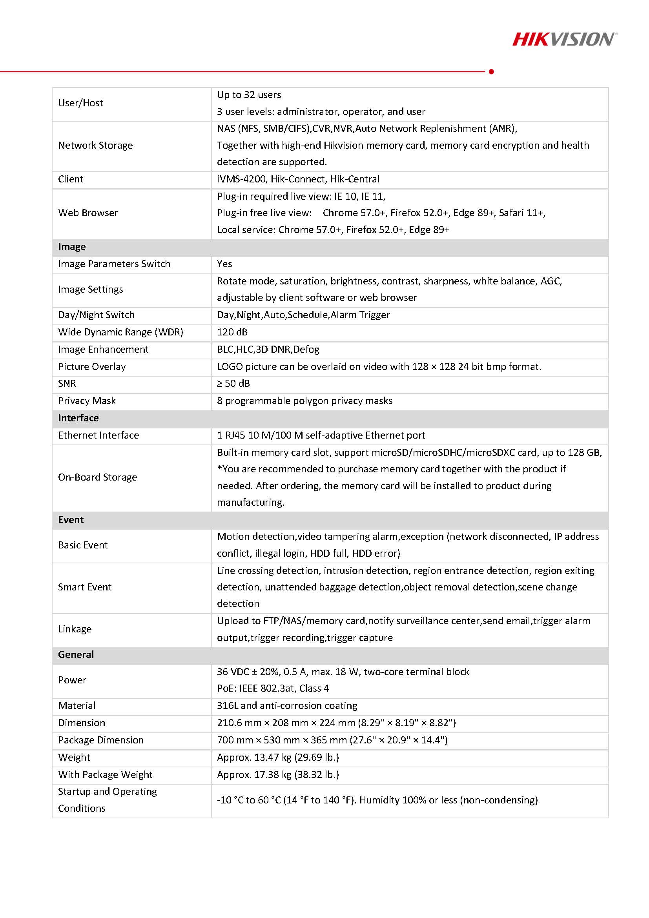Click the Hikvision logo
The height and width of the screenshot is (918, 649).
pos(564,39)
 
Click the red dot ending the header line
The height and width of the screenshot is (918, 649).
pos(491,71)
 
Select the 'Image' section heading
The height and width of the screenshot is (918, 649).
pos(72,247)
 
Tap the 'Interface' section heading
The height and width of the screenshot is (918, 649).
pos(78,418)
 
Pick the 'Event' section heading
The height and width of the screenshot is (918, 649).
pos(71,519)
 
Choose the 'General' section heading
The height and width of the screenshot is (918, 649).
pos(76,654)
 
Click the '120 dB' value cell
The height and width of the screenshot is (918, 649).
pos(232,332)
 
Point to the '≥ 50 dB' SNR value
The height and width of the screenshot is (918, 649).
pos(233,383)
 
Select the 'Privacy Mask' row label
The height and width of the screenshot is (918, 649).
pos(87,401)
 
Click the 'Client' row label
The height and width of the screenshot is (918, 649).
pos(71,179)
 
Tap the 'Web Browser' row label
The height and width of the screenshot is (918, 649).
pos(88,213)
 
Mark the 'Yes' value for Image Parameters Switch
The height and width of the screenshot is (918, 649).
pos(224,264)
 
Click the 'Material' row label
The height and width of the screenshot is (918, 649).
pos(77,705)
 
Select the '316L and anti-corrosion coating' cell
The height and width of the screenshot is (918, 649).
pos(287,705)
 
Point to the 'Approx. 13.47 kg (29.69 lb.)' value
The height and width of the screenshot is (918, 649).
pos(278,757)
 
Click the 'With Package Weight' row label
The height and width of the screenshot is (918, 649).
pos(105,774)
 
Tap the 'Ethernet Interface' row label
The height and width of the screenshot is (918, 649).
pos(98,435)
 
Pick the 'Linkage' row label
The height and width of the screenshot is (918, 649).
pos(75,629)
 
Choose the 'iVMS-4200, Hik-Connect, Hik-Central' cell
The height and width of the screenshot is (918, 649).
pos(298,179)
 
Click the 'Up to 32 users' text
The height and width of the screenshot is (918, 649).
pos(249,95)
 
